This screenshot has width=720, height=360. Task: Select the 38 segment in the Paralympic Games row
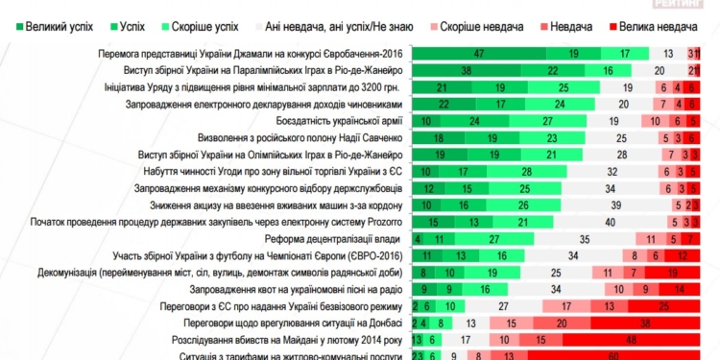[x=465, y=70]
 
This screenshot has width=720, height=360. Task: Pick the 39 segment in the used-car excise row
[x=604, y=205]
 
